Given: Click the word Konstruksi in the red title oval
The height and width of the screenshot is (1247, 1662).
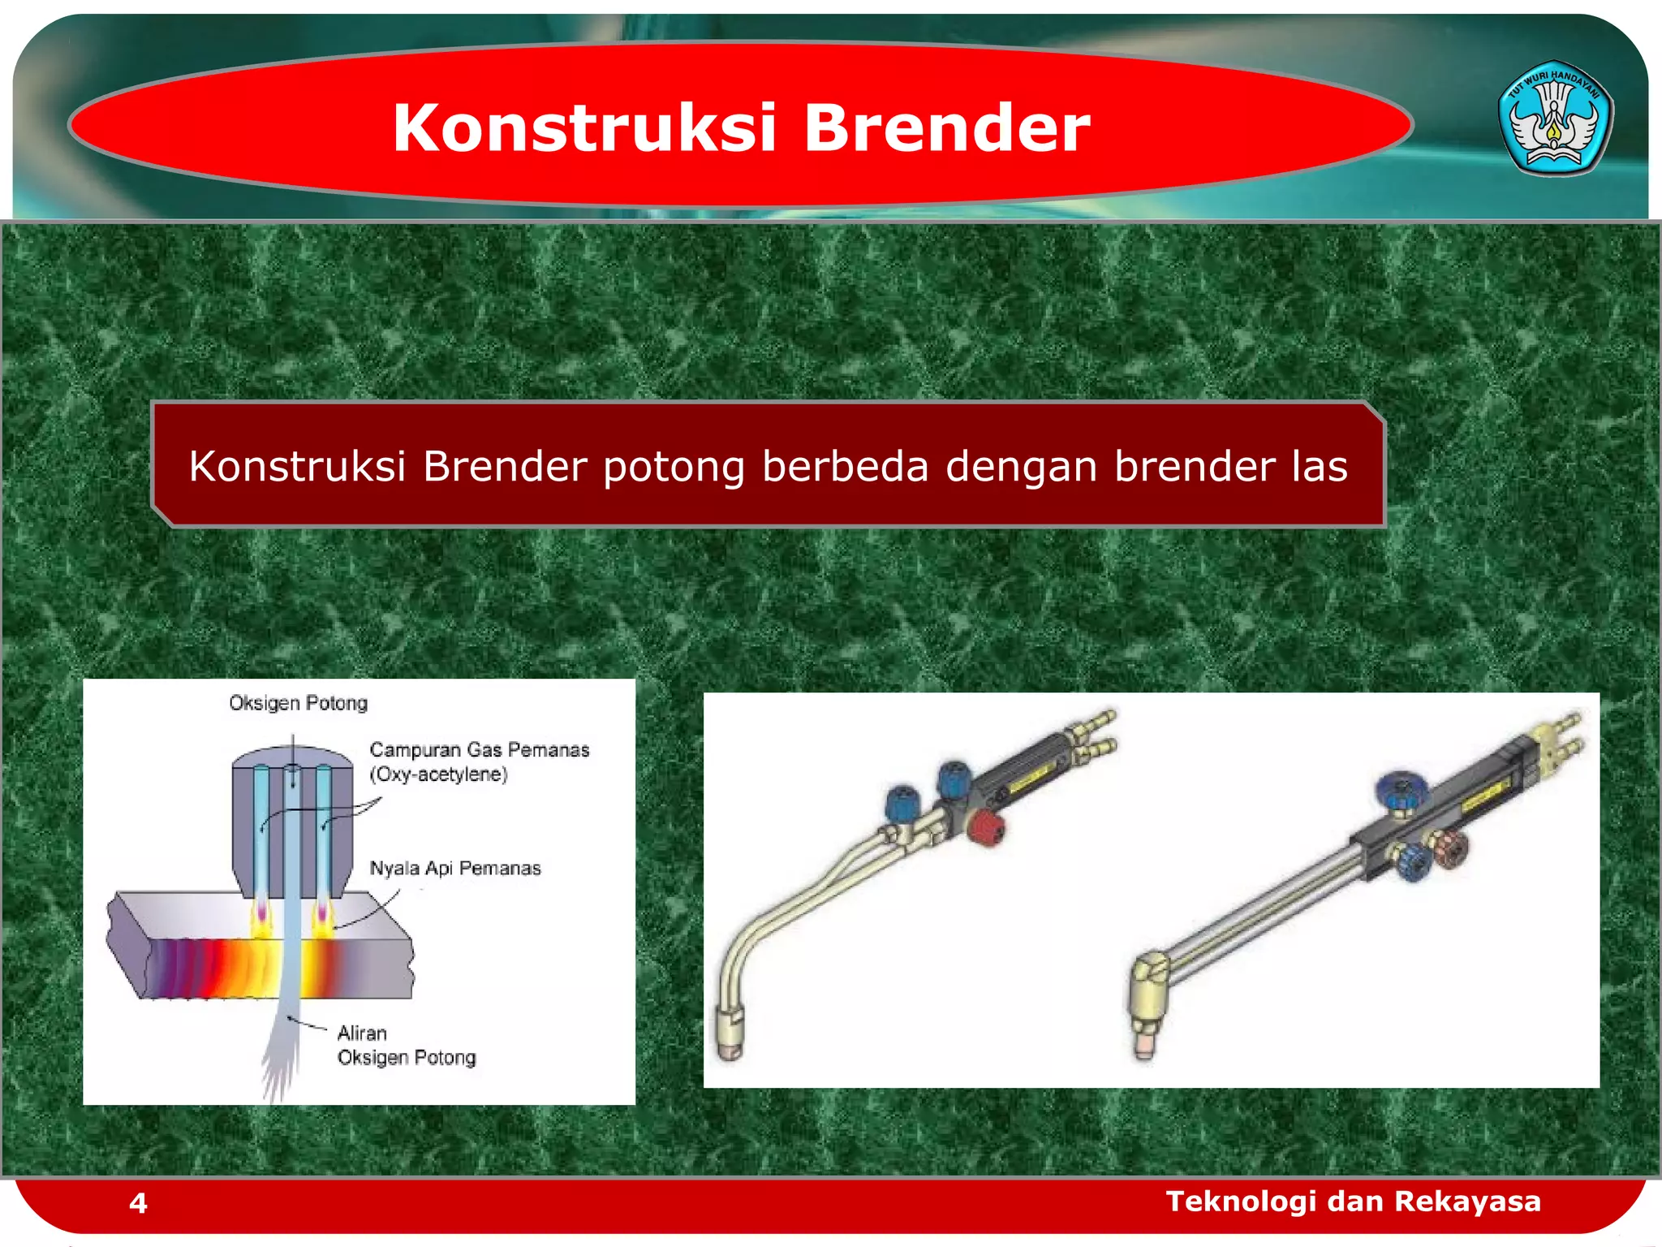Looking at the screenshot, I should pos(584,128).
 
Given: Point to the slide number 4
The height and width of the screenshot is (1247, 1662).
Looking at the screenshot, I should pos(138,1202).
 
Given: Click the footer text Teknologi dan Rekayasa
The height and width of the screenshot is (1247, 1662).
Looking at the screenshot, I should pos(1353,1201).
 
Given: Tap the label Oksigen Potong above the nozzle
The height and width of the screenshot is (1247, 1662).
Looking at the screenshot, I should pos(298,703).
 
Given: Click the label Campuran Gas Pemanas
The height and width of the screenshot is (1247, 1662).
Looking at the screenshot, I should pos(479,750).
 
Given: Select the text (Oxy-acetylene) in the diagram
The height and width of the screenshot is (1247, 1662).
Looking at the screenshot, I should pos(439,775).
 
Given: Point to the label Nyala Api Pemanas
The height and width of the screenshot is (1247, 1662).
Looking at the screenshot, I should pos(454,869).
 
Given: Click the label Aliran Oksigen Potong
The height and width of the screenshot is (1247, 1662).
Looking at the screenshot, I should pos(406,1046).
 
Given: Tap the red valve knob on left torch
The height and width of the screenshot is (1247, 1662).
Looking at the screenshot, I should pos(986,828).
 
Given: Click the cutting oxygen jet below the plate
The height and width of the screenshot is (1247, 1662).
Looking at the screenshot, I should pos(280,1055).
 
